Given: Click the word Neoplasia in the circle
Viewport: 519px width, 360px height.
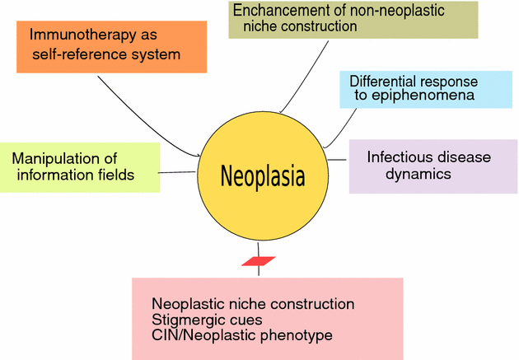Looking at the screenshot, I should (262, 175).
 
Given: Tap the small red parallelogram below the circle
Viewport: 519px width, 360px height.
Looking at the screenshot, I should (258, 261).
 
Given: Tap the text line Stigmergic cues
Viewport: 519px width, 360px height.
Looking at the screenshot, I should (207, 320).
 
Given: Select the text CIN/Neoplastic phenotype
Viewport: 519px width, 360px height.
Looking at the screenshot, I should (230, 335).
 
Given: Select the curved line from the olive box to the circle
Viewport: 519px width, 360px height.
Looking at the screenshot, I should (304, 78).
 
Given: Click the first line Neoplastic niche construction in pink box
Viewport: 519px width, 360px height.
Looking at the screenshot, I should (253, 304).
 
